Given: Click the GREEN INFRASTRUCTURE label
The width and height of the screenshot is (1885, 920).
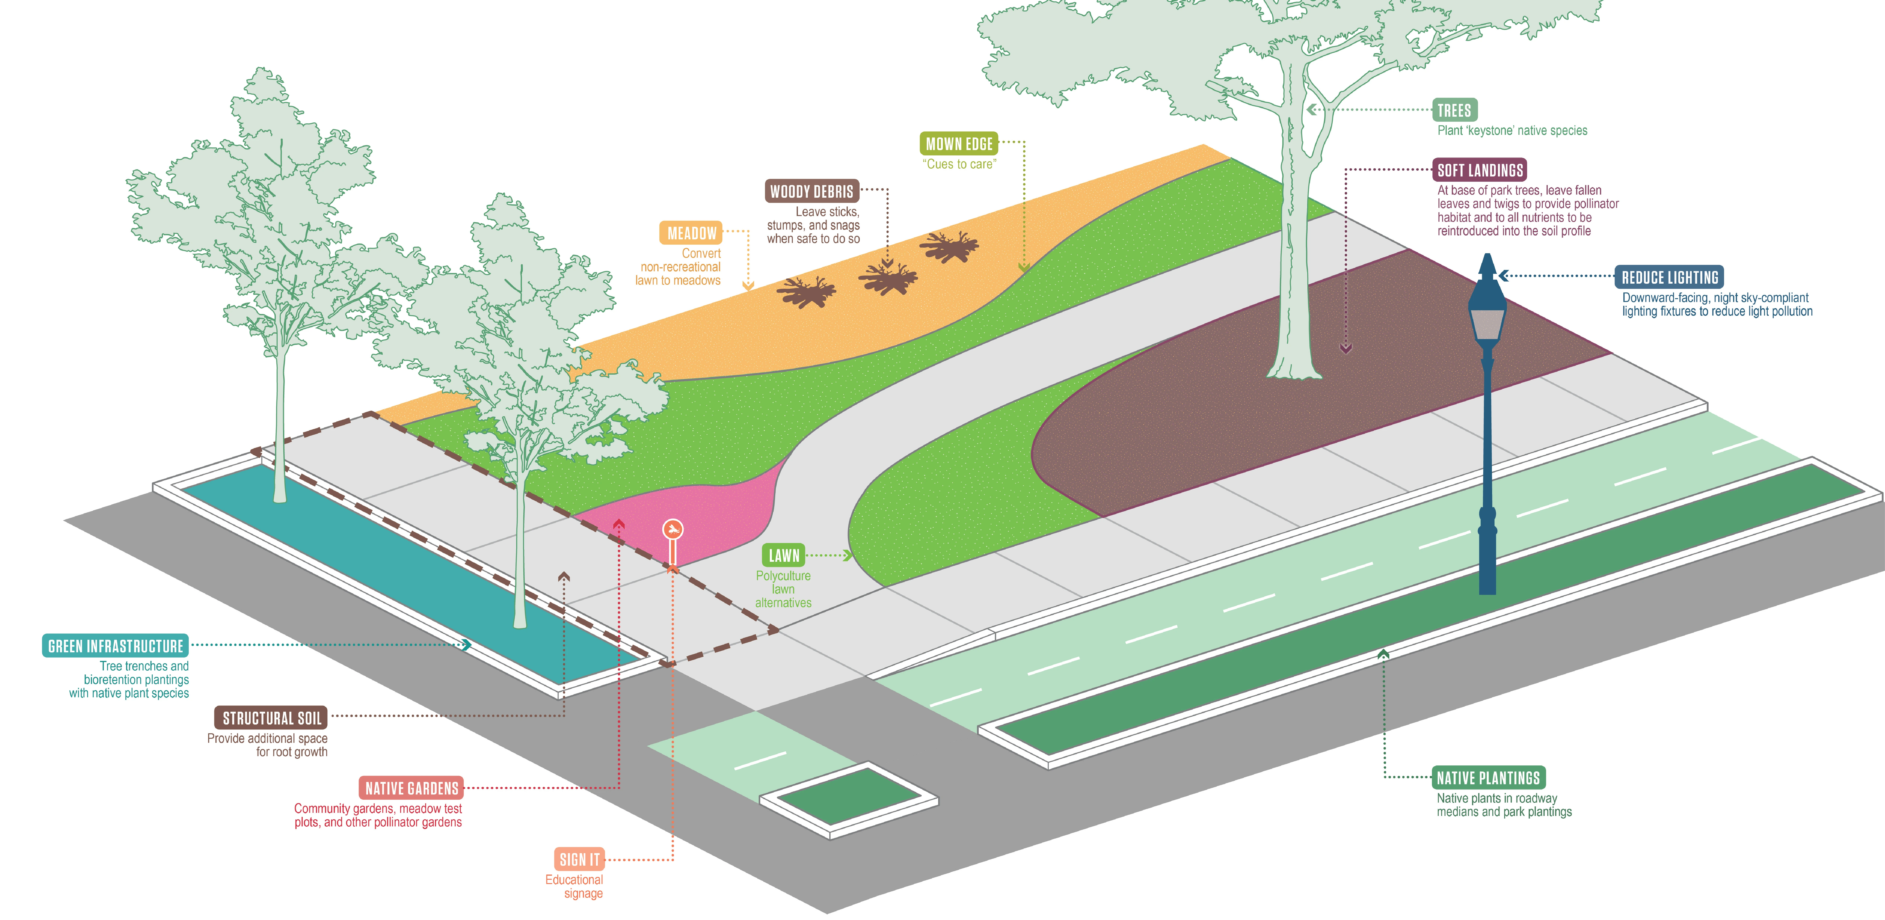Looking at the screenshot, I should pyautogui.click(x=116, y=646).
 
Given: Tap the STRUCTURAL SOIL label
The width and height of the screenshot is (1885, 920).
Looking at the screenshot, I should pyautogui.click(x=271, y=718).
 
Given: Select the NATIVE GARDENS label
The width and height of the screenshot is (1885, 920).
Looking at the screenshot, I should pyautogui.click(x=411, y=788).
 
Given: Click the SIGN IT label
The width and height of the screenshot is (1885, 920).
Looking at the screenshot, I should pyautogui.click(x=579, y=859).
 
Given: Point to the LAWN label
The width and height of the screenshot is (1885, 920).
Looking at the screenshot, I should pyautogui.click(x=784, y=556).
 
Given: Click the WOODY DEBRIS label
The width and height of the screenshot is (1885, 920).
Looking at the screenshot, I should pyautogui.click(x=811, y=192).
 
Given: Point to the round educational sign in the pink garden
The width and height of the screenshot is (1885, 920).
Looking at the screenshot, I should pyautogui.click(x=672, y=528).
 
